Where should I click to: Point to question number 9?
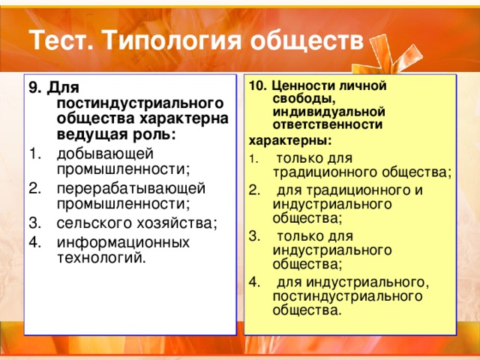click(35, 88)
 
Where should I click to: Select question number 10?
click(257, 86)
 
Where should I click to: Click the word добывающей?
click(105, 154)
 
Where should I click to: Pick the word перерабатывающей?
click(131, 188)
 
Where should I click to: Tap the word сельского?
click(94, 223)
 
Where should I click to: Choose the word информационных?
click(123, 243)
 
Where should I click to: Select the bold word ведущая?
click(92, 135)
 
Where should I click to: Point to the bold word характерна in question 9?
click(184, 118)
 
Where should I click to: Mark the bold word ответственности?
click(328, 125)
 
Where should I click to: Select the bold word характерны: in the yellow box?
click(290, 142)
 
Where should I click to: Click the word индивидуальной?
click(328, 112)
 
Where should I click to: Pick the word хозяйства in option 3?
click(177, 223)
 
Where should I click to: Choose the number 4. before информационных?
click(35, 242)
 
